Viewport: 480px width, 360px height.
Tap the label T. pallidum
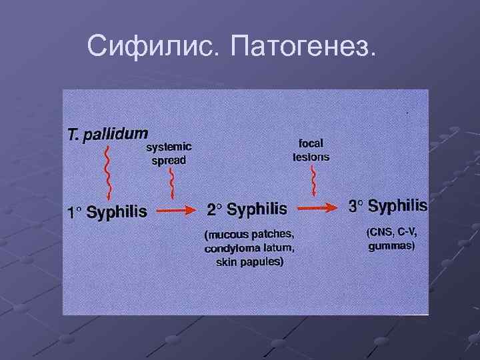[x=108, y=132]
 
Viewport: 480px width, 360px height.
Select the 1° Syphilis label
[x=107, y=213]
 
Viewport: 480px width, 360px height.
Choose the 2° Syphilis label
[x=247, y=209]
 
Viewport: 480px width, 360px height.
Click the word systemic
[x=169, y=148]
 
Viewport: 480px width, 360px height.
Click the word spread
[x=169, y=161]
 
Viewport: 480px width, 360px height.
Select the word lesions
[x=311, y=157]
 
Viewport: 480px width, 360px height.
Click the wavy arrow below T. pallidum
[x=107, y=170]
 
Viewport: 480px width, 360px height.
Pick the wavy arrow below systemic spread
[x=173, y=183]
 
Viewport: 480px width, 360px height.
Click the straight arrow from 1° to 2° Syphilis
[x=176, y=210]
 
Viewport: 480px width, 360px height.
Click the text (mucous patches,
[x=249, y=235]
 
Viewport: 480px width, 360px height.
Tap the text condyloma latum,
[x=249, y=249]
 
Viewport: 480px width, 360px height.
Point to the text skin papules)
[x=249, y=262]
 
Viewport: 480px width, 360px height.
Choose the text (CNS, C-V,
[x=392, y=232]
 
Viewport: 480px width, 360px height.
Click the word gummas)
[x=392, y=246]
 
